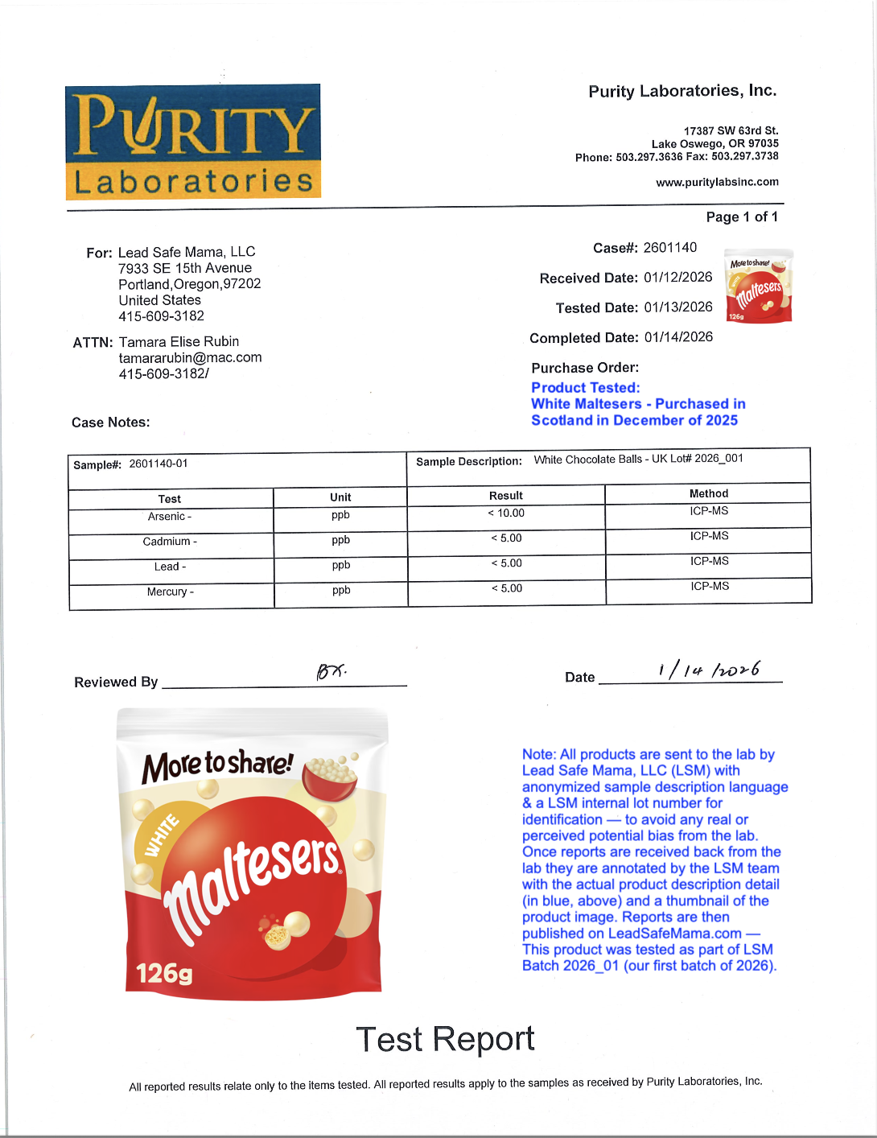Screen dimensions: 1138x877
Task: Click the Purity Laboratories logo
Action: tap(193, 142)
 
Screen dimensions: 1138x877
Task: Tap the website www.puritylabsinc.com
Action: tap(717, 182)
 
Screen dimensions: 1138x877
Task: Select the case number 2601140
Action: tap(669, 247)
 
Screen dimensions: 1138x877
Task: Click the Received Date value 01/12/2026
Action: tap(677, 278)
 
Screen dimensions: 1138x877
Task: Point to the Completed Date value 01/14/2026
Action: tap(678, 337)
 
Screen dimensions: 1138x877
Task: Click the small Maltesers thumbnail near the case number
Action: tap(759, 286)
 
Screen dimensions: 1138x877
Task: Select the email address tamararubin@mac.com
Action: tap(190, 357)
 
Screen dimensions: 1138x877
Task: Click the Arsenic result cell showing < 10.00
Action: tap(506, 513)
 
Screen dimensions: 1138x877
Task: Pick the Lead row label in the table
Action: tap(170, 567)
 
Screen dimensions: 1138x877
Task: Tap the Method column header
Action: tap(708, 493)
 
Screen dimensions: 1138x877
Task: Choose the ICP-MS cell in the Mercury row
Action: tap(709, 587)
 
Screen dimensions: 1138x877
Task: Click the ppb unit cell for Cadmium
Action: tap(340, 540)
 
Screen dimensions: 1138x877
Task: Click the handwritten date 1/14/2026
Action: tap(708, 670)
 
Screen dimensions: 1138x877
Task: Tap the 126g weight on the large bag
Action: tap(164, 974)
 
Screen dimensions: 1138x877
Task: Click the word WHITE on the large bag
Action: tap(162, 835)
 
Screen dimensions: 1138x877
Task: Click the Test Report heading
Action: tap(445, 1039)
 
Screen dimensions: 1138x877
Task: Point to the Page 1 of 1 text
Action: tap(741, 216)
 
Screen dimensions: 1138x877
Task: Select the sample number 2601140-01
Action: tap(159, 464)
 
